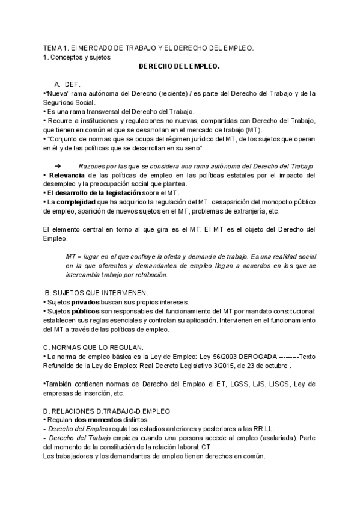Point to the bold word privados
[85, 301]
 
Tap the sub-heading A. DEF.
[67, 84]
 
